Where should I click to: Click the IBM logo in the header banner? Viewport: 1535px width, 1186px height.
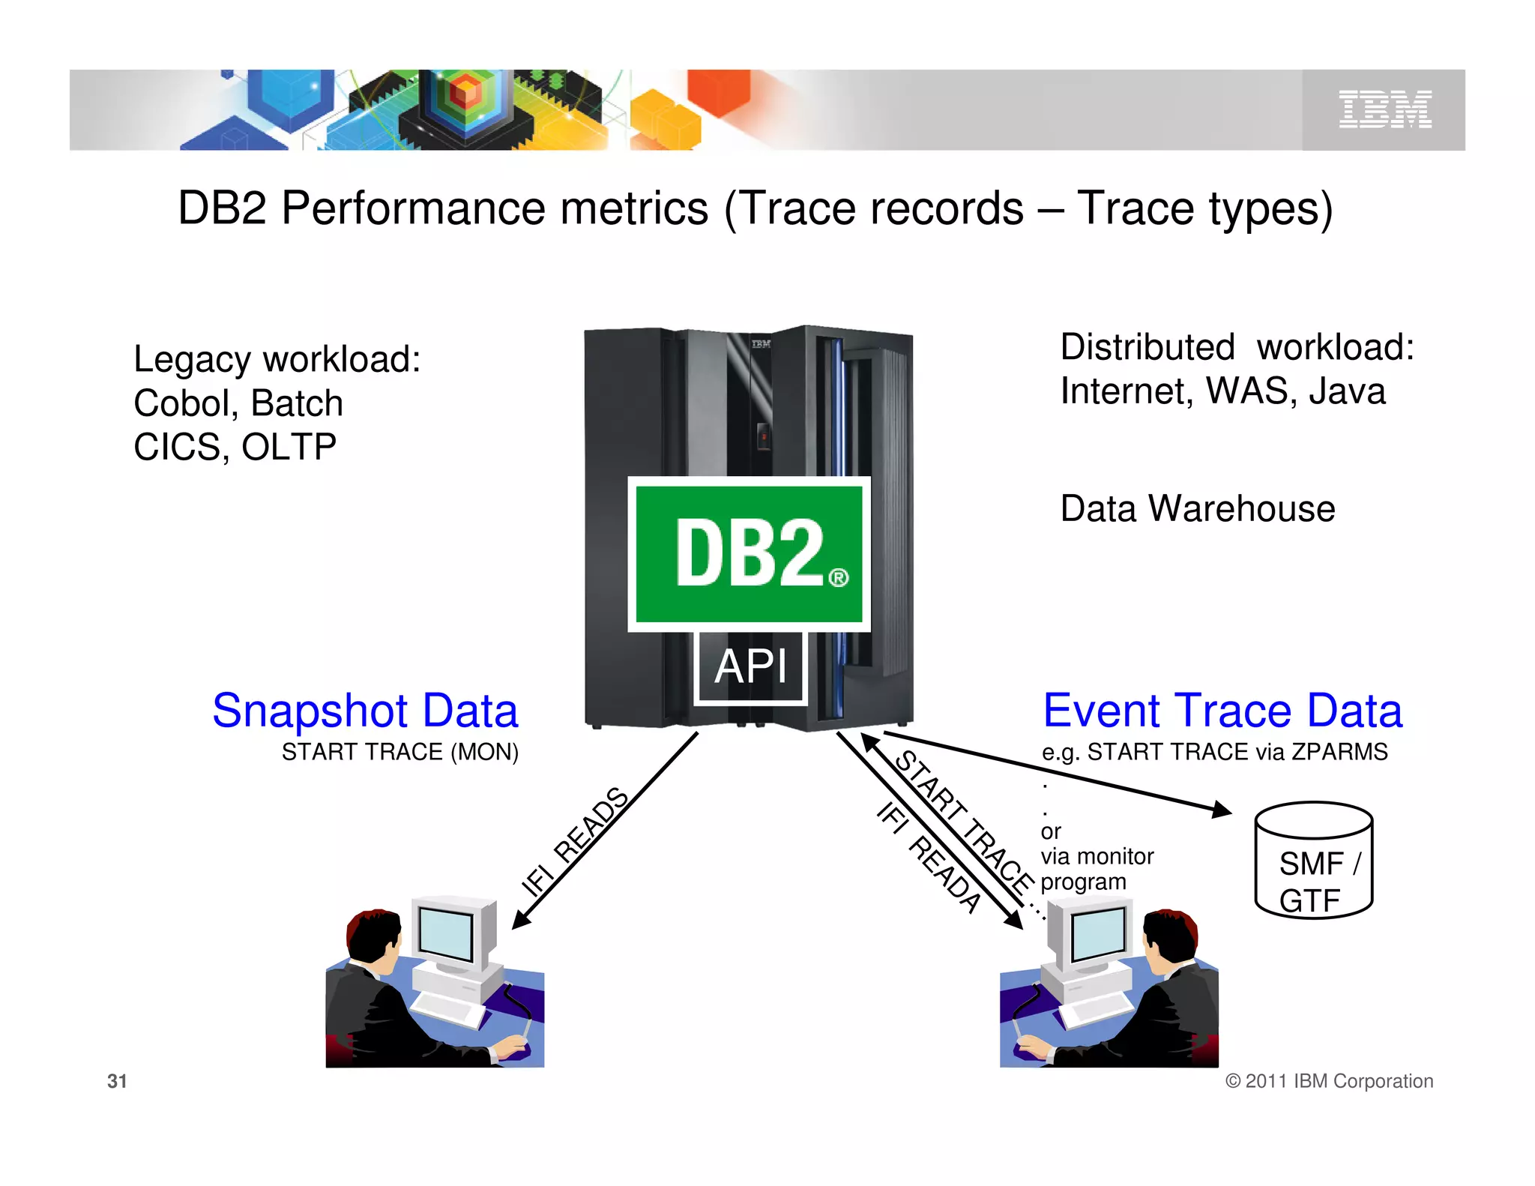tap(1384, 109)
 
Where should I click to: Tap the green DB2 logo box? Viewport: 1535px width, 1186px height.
tap(749, 553)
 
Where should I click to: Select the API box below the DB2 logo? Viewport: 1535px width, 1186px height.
tap(750, 666)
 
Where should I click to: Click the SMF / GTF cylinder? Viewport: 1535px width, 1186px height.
tap(1313, 862)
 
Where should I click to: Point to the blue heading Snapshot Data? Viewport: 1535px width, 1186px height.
tap(365, 711)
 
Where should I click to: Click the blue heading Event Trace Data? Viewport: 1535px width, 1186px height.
tap(1222, 711)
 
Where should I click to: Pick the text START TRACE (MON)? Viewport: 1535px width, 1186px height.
tap(399, 752)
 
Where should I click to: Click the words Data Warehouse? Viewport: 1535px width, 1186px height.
tap(1197, 509)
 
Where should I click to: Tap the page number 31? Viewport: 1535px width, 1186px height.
tap(117, 1081)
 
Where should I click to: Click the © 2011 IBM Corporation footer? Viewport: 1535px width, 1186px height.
tap(1329, 1081)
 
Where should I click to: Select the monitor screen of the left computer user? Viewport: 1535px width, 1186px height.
tap(446, 933)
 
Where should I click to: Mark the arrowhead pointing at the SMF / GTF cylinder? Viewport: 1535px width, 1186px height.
tap(1222, 810)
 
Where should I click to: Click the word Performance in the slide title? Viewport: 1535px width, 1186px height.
tap(495, 208)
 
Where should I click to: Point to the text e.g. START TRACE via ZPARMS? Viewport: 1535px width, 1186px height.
tap(1214, 752)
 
